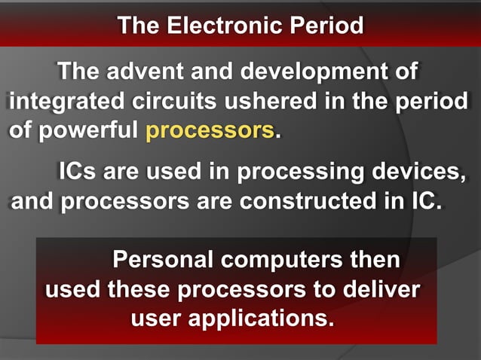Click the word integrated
[67, 102]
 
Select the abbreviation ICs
[78, 172]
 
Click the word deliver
[380, 288]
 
